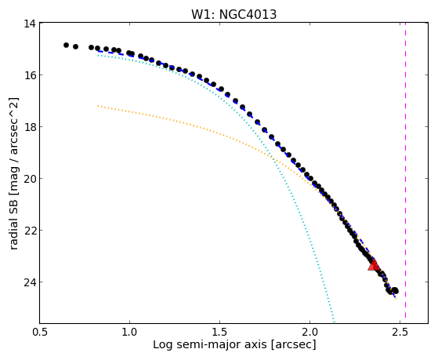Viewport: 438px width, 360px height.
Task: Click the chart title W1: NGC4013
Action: pos(233,14)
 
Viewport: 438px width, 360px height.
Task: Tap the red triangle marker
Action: pos(374,265)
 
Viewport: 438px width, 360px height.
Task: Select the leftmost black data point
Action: pos(66,45)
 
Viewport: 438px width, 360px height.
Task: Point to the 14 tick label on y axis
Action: pos(30,24)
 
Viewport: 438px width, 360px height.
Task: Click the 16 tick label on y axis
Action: pos(30,75)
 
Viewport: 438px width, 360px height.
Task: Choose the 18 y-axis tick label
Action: pos(30,127)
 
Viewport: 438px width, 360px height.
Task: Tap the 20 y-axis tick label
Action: pos(30,179)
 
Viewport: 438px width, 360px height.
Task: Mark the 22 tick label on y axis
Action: pos(30,231)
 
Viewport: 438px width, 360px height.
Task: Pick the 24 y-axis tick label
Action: pos(30,282)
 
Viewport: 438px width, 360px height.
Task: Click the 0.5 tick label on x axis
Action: pos(40,332)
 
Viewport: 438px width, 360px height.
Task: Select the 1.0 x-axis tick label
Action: pos(129,332)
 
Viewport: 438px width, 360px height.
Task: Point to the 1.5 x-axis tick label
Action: pos(220,332)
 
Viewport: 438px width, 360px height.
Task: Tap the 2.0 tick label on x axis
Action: pos(309,332)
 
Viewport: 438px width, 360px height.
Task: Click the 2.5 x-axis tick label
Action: pos(400,332)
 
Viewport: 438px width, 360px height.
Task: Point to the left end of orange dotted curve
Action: pos(98,106)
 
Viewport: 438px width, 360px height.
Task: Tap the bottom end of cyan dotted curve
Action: pos(334,321)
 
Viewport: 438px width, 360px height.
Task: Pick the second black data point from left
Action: pos(75,46)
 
